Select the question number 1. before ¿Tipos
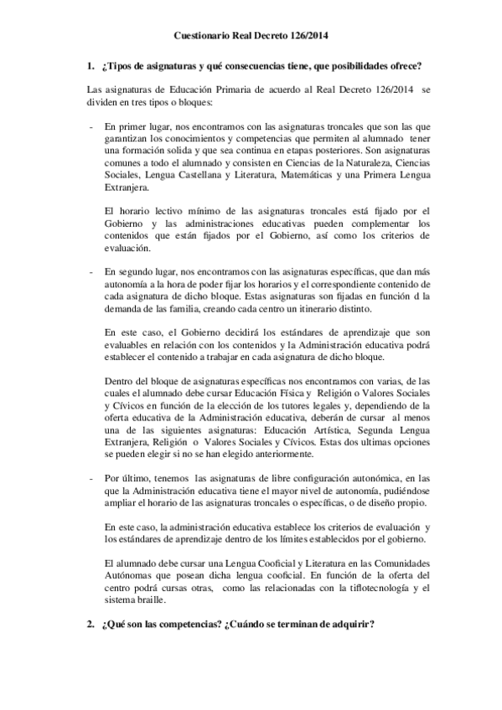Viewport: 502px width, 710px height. [91, 65]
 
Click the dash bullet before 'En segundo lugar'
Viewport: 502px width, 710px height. [90, 271]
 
